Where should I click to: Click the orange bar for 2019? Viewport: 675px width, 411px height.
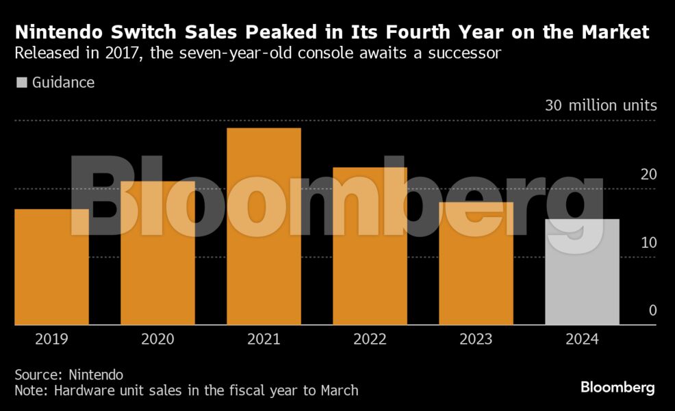(x=51, y=267)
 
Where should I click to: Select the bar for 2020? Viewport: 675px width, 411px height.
(x=157, y=253)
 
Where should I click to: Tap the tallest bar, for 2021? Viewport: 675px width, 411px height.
(x=264, y=226)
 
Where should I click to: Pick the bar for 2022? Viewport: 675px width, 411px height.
(x=370, y=247)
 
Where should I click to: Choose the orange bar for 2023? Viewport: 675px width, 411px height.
(x=476, y=264)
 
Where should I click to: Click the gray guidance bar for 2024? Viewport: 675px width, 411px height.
(x=582, y=272)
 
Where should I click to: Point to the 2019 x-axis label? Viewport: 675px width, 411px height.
(x=51, y=339)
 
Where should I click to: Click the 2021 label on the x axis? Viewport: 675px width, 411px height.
(x=264, y=339)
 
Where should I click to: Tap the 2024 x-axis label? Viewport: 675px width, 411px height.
(x=582, y=339)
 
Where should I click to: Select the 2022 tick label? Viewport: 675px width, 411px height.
(x=370, y=339)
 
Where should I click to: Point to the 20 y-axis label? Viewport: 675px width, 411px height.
(x=648, y=174)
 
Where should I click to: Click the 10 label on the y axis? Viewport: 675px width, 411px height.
(x=648, y=242)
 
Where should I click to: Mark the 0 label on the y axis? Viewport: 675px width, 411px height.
(x=652, y=311)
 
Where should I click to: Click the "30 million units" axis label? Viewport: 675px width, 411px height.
(x=600, y=105)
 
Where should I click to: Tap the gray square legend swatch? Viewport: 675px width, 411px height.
(x=22, y=83)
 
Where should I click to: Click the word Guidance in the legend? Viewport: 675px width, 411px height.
(x=63, y=83)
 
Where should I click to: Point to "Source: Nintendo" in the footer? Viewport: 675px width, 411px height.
(x=69, y=375)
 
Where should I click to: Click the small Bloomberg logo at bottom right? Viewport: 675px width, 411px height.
(x=617, y=388)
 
